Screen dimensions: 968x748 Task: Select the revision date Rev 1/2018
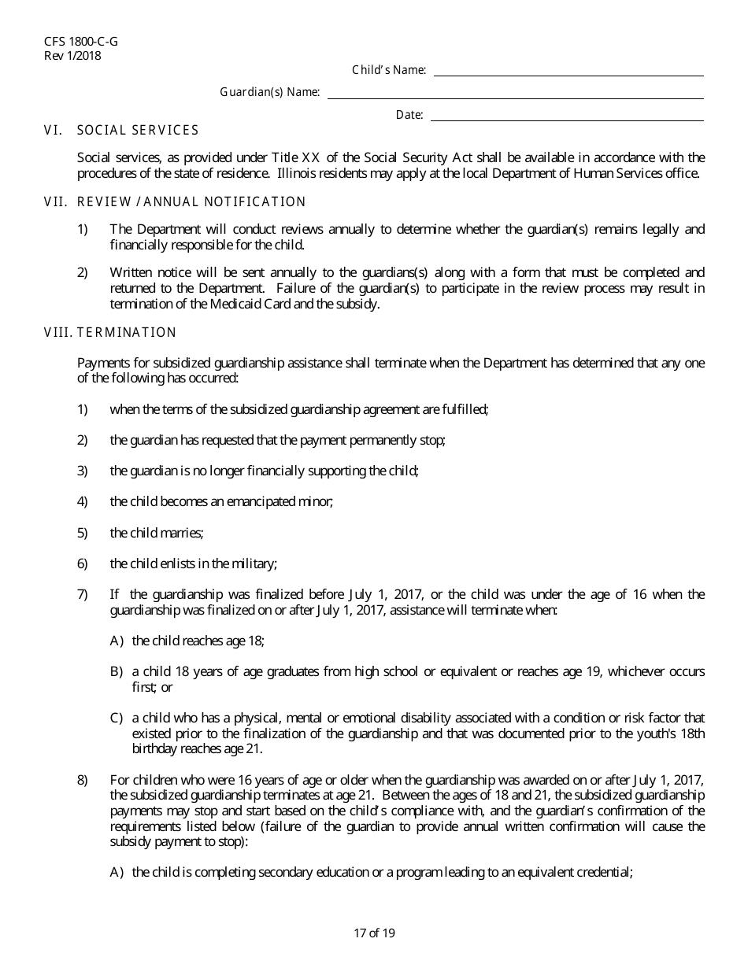point(72,55)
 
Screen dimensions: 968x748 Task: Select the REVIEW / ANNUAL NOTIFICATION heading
point(191,202)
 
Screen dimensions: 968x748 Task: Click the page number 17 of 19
point(374,933)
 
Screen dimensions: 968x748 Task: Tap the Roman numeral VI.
point(53,131)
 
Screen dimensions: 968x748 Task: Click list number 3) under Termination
point(82,471)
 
